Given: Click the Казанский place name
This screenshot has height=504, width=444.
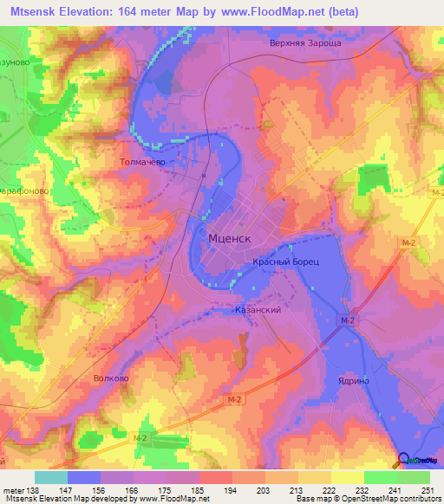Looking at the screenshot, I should click(258, 309).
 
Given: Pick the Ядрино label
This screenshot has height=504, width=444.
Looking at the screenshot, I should click(343, 380).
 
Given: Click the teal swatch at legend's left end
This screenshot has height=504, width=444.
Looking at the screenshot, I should click(50, 477).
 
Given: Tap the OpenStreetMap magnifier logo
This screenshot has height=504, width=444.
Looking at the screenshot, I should click(403, 460).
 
